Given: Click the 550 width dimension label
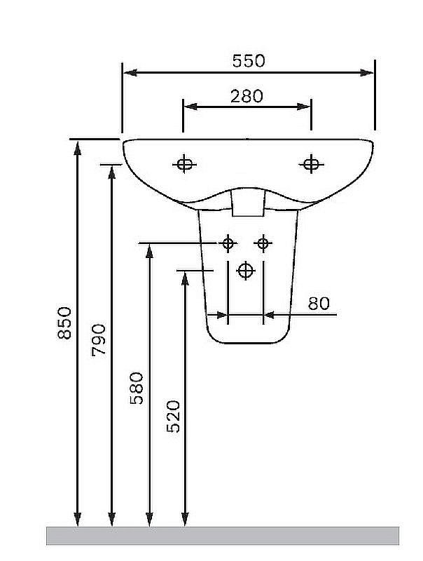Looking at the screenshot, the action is [249, 61].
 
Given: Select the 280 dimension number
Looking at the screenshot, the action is [247, 96].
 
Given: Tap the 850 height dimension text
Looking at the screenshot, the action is [64, 323].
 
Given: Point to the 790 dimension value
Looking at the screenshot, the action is [99, 340].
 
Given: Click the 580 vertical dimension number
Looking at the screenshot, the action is [137, 388].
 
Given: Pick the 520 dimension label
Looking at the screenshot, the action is [174, 417].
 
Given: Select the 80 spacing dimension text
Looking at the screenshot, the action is [319, 304].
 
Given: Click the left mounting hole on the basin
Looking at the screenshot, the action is [184, 164].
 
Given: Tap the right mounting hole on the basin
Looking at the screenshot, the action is [311, 164].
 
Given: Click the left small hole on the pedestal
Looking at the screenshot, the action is [228, 243].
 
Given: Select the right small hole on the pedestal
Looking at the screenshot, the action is [263, 243].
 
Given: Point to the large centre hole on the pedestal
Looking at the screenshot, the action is [245, 271].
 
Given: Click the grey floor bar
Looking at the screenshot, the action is [223, 536].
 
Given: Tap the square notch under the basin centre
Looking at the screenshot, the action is [248, 203].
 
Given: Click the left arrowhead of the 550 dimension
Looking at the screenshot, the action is [130, 73].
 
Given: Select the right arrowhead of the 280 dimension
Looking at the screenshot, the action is [304, 107].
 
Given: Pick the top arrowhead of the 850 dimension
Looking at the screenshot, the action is [77, 148].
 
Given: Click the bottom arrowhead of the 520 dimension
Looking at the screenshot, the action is [185, 519].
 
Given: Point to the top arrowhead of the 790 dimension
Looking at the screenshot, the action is [112, 172].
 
